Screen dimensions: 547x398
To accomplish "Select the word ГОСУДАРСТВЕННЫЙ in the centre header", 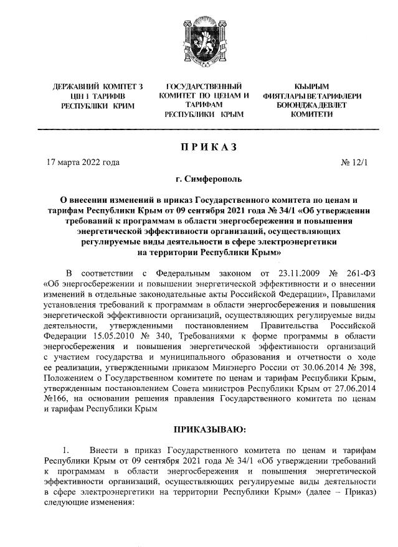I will [x=204, y=86].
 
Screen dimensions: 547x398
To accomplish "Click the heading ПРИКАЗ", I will [x=208, y=146].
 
